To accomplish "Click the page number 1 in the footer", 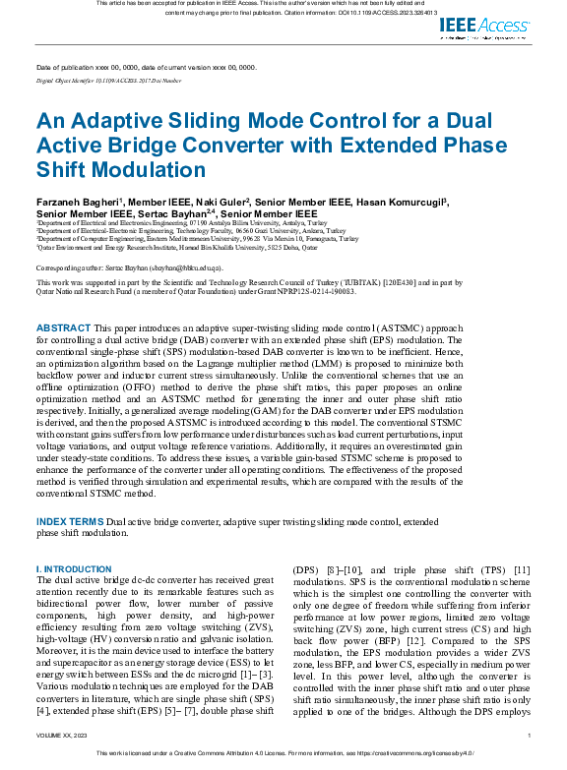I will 530,736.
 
